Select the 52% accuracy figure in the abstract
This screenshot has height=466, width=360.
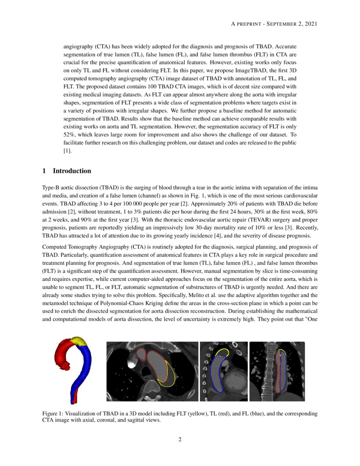click(x=69, y=134)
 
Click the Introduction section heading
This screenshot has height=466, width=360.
click(x=72, y=171)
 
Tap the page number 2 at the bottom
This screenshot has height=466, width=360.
click(x=180, y=439)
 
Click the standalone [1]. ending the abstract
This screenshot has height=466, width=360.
click(x=68, y=150)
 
